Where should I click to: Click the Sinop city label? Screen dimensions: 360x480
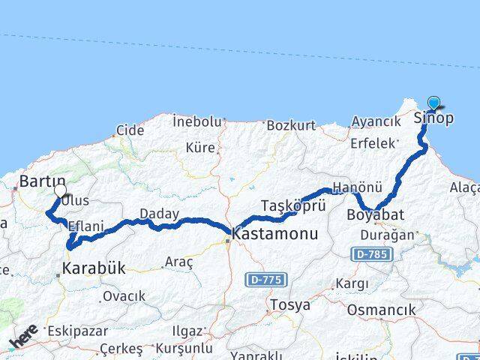pos(433,118)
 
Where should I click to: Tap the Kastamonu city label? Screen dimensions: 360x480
pos(275,234)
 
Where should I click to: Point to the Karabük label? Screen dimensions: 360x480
pos(94,267)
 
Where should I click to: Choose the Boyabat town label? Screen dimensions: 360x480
pos(376,215)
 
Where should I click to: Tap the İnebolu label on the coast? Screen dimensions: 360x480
pos(197,120)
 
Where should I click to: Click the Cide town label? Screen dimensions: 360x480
pos(130,130)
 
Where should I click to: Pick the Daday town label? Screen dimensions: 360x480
pos(159,214)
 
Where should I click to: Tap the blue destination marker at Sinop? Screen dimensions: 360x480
pos(434,103)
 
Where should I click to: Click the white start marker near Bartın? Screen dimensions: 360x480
pos(60,190)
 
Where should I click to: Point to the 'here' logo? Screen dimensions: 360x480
pos(23,336)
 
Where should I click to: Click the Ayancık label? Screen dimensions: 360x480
pos(376,121)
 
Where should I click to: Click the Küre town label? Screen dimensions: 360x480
pos(200,148)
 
